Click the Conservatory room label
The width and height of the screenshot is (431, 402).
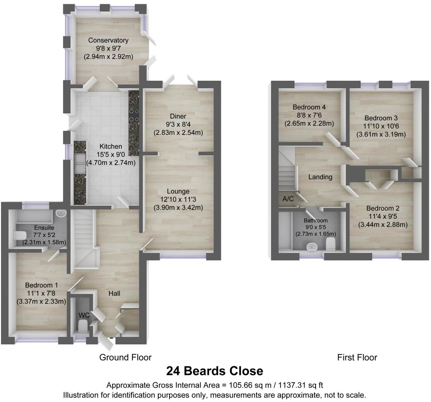point(108,40)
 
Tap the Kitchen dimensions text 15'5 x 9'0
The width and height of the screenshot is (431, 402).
point(111,155)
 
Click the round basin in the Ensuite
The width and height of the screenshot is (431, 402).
point(61,213)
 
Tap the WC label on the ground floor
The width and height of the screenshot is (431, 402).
point(84,315)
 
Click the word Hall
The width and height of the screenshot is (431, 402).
point(114,294)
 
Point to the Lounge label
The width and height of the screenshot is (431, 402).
point(178,191)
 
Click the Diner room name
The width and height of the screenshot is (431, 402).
point(178,116)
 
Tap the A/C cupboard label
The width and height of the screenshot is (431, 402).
point(288,199)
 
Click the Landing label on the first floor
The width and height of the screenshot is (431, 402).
point(320,177)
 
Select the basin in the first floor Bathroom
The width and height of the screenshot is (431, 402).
point(311,246)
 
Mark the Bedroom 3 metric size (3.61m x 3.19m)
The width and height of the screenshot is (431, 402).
point(381,135)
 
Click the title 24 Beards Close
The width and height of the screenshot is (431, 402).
point(215,371)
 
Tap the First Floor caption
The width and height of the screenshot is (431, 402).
point(357,358)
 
